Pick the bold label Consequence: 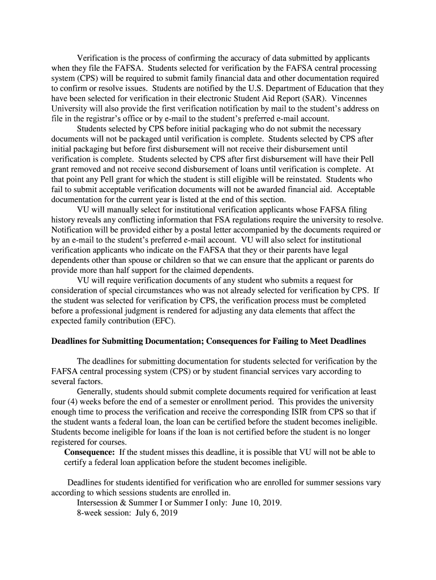point(89,452)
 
